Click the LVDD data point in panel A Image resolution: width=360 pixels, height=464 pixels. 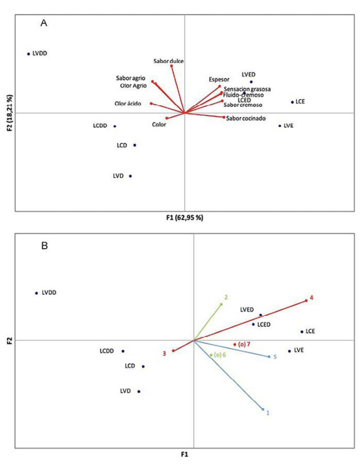tap(28, 54)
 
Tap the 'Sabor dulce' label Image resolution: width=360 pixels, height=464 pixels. tap(169, 61)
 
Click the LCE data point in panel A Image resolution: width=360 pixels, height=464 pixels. tap(293, 102)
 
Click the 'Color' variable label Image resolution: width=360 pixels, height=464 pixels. tap(159, 124)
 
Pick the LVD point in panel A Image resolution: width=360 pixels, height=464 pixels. tap(130, 176)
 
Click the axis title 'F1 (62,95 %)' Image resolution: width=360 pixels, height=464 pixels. tap(185, 218)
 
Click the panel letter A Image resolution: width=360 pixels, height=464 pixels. tap(43, 23)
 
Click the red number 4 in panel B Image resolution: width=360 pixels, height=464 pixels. tap(311, 298)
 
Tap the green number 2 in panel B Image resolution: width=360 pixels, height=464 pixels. tap(226, 297)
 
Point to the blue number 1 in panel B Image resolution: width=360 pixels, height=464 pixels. tap(268, 413)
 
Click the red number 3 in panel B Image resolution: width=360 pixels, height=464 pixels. tap(164, 353)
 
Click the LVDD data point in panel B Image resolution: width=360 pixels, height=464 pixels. tap(37, 293)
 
